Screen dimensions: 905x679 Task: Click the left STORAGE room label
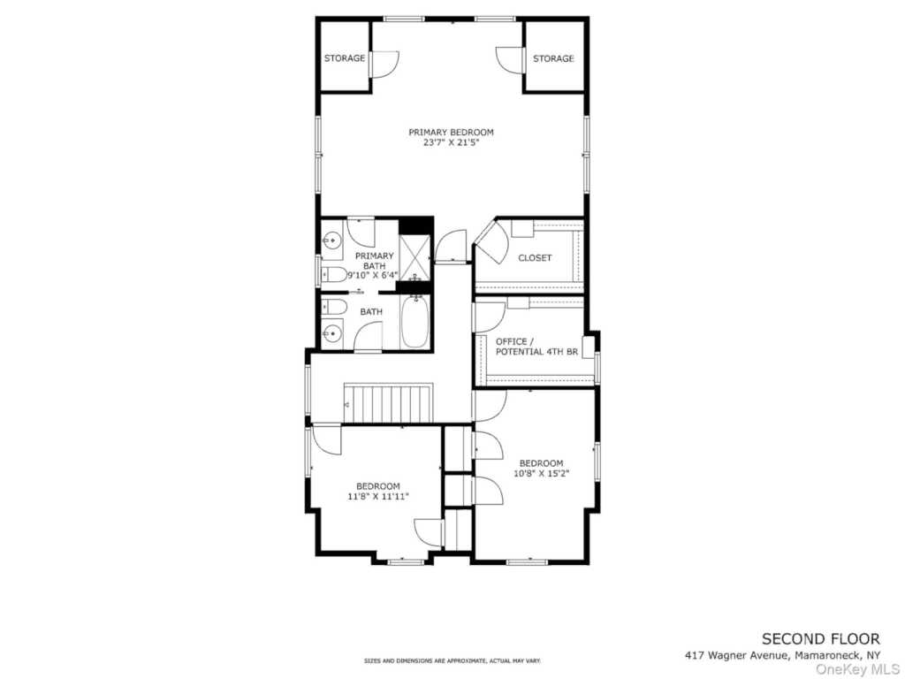345,58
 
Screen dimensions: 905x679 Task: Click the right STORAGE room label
553,58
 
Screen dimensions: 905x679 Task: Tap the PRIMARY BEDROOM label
452,133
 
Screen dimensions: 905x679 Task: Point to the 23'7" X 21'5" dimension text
452,142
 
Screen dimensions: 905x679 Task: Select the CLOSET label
535,258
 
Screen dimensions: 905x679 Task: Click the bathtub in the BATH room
415,322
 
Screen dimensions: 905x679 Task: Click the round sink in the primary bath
332,240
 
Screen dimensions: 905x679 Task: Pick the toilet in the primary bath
333,274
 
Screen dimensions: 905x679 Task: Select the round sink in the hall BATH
332,333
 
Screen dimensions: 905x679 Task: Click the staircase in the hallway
389,402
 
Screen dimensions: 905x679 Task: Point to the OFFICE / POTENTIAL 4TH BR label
536,347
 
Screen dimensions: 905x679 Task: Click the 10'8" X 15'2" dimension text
542,474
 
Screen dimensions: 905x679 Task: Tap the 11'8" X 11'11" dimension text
378,496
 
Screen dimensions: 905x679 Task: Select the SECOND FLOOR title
821,639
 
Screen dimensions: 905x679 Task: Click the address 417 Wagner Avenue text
736,656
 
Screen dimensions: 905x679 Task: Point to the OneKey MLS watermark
857,670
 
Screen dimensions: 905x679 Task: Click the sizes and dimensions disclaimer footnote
452,660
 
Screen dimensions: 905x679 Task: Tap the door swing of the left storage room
385,64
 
